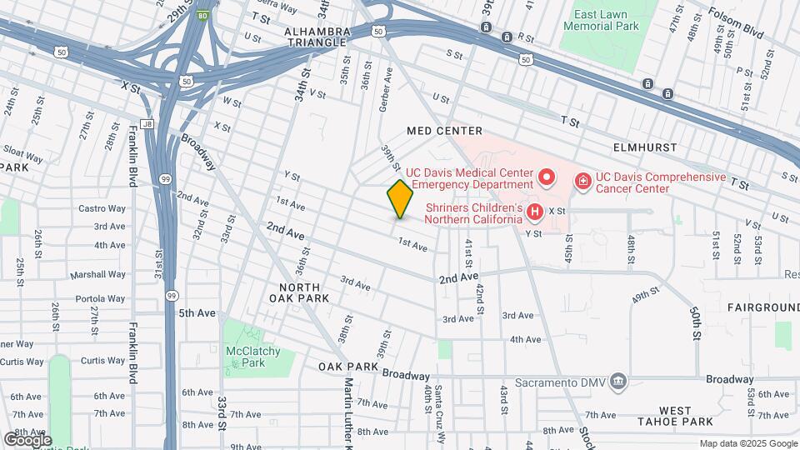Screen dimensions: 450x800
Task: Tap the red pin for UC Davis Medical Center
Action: tap(547, 177)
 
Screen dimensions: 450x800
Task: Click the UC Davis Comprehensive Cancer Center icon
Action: tap(583, 180)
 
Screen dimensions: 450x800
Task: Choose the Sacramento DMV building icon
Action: tap(618, 381)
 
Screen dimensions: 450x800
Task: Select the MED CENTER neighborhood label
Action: tap(444, 131)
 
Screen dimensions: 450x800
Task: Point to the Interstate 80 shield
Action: tap(202, 15)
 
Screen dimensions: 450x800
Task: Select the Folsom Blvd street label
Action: tap(736, 17)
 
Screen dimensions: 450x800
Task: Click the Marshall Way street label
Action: tap(97, 274)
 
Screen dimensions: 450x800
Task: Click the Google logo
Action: tap(27, 439)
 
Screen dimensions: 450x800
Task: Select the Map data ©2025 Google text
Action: tap(747, 443)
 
